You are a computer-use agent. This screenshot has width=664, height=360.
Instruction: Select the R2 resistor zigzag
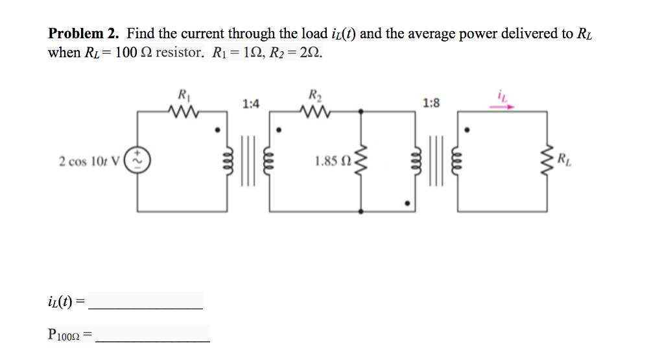(316, 114)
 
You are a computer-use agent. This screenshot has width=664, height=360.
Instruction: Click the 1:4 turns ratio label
(251, 103)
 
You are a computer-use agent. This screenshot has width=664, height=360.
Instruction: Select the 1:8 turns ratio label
(431, 102)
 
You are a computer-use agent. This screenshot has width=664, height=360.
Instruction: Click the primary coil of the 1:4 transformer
(229, 161)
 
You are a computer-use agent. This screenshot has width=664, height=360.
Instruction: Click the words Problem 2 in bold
(85, 34)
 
